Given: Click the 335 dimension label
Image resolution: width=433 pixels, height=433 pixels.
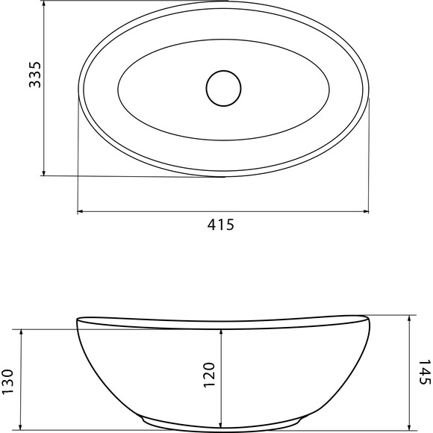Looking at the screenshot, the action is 35,75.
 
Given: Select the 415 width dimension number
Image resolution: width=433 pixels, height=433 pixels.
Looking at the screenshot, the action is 221,225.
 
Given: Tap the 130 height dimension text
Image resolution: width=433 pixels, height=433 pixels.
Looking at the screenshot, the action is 7,381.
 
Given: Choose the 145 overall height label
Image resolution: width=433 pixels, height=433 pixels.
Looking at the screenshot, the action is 425,372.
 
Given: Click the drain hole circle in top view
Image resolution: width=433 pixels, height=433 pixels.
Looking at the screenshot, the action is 223,88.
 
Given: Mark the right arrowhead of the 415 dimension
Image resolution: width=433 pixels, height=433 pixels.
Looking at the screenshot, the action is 366,212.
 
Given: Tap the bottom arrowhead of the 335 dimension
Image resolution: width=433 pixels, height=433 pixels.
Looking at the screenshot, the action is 43,172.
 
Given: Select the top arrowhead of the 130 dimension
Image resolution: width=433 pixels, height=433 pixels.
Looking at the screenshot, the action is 21,333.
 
